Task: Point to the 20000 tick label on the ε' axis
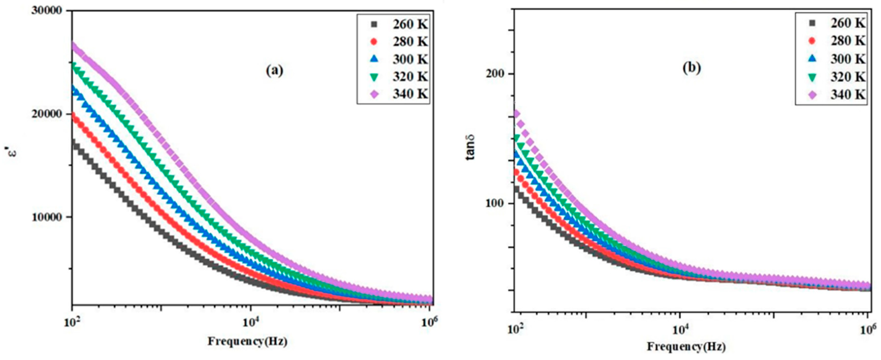click(x=47, y=114)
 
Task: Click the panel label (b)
click(x=692, y=68)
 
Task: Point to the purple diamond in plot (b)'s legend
click(x=812, y=94)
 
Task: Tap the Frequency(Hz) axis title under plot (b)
click(x=686, y=347)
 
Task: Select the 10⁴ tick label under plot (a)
click(x=251, y=322)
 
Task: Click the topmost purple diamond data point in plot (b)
click(x=517, y=114)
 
